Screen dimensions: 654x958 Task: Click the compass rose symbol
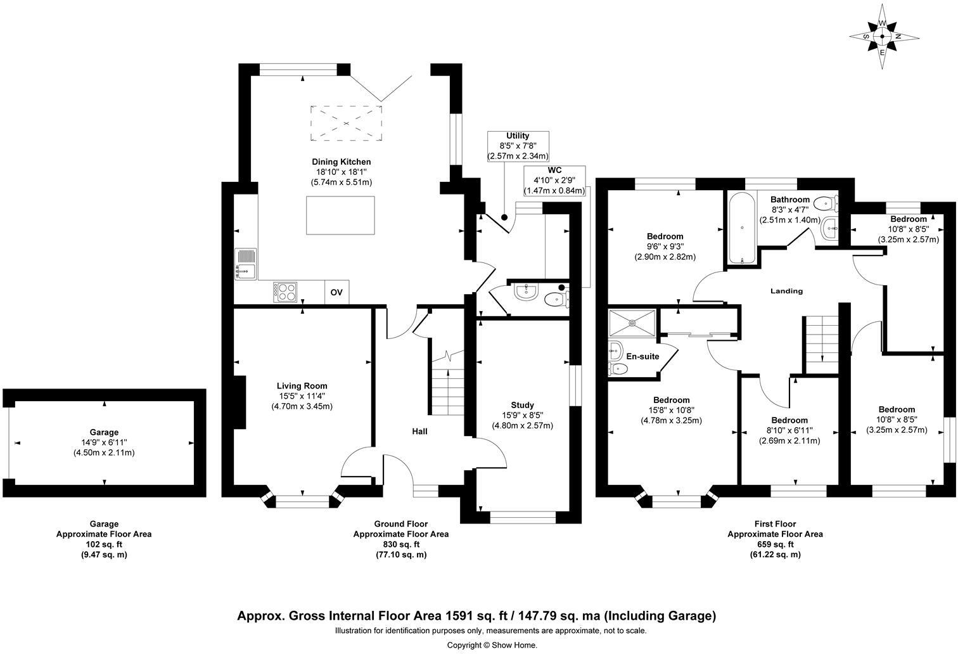pyautogui.click(x=882, y=36)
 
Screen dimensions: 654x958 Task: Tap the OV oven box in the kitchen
pyautogui.click(x=336, y=292)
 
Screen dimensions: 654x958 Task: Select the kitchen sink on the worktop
pyautogui.click(x=245, y=264)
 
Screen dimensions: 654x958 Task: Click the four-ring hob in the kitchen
pyautogui.click(x=285, y=292)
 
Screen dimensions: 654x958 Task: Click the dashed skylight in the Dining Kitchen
pyautogui.click(x=346, y=123)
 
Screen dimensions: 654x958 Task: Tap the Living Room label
pyautogui.click(x=302, y=386)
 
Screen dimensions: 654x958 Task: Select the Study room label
pyautogui.click(x=522, y=405)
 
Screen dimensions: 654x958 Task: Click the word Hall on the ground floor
pyautogui.click(x=419, y=432)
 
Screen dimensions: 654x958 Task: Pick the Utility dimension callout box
pyautogui.click(x=517, y=146)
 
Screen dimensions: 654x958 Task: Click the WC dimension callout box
pyautogui.click(x=554, y=181)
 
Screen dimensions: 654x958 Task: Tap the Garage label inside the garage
pyautogui.click(x=104, y=432)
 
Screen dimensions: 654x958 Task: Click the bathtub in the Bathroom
pyautogui.click(x=740, y=229)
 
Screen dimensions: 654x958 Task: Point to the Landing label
pyautogui.click(x=786, y=291)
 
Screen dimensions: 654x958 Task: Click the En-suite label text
pyautogui.click(x=642, y=356)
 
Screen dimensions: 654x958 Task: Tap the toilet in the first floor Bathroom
pyautogui.click(x=826, y=204)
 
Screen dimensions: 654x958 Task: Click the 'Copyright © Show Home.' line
pyautogui.click(x=492, y=645)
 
